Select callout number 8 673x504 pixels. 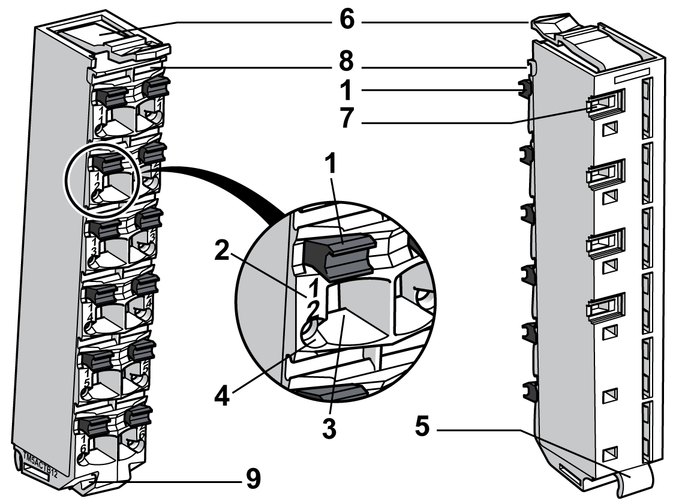tap(347, 62)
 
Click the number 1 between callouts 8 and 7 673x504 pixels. tap(347, 91)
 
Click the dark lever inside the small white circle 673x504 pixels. tap(106, 164)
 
